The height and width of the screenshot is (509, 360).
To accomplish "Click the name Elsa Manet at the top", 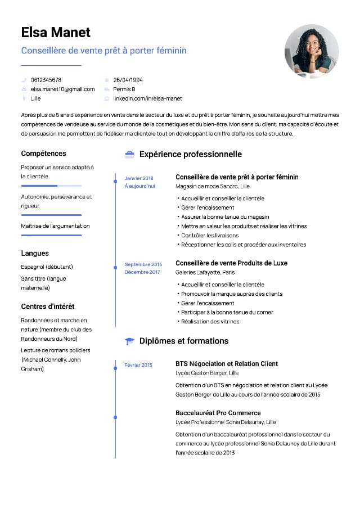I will [x=56, y=32].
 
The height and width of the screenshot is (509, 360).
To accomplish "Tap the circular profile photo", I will [x=312, y=51].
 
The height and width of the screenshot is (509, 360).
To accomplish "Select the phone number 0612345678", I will [x=46, y=80].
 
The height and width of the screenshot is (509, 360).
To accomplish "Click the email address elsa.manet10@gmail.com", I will [x=62, y=89].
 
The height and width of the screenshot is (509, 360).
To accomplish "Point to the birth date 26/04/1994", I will [x=128, y=80].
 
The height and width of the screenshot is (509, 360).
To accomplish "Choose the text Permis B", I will [x=124, y=89].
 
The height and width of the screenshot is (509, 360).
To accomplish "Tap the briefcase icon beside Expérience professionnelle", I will [x=129, y=154].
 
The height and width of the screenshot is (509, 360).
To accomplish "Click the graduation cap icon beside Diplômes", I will [x=129, y=341].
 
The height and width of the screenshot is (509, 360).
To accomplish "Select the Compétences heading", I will [x=43, y=154].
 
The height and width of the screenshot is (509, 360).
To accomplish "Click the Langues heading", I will [x=35, y=253].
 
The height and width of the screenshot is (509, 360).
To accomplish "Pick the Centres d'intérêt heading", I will [x=48, y=307].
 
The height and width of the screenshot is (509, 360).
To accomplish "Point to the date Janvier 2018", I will [x=139, y=178].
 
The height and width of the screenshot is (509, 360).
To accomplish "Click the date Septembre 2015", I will [x=143, y=264].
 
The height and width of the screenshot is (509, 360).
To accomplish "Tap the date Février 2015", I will [x=138, y=365].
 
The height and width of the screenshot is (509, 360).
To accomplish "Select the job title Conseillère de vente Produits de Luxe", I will [x=231, y=263].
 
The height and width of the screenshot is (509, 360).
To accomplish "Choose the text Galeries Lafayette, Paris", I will [x=205, y=272].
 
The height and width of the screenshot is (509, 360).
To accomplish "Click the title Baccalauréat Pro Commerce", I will [x=218, y=413].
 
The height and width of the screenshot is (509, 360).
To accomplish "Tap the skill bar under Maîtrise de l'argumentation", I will [x=51, y=235].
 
